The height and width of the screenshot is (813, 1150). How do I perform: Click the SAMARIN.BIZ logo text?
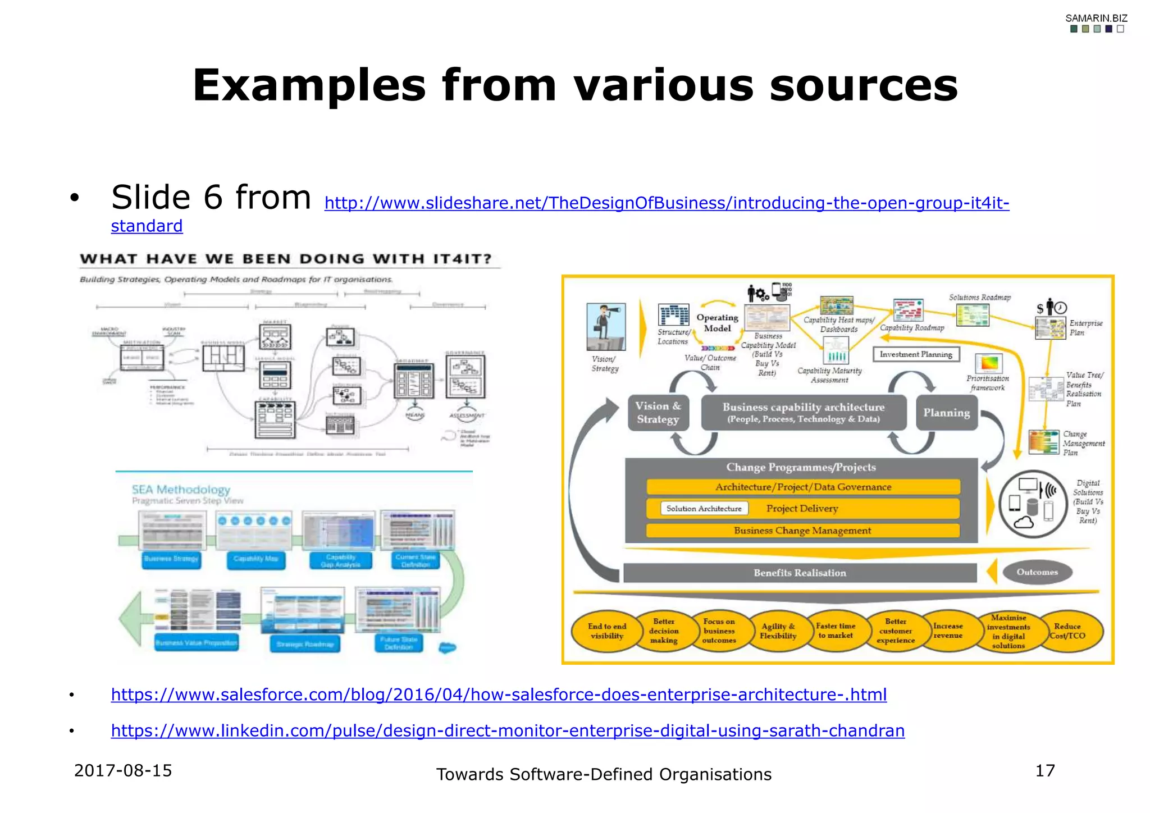(1096, 18)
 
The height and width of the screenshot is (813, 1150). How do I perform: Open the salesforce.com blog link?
(499, 695)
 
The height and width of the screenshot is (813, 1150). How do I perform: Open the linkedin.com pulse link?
(508, 730)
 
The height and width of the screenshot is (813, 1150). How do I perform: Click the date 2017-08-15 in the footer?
(123, 770)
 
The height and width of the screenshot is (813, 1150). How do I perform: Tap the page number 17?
(1045, 770)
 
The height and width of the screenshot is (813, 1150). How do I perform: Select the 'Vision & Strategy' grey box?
(658, 413)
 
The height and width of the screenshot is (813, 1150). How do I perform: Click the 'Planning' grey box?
(947, 413)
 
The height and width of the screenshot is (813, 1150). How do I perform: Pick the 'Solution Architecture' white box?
(704, 509)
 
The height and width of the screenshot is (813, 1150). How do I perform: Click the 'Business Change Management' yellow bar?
(803, 531)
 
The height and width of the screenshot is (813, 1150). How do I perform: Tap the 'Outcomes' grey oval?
(1037, 572)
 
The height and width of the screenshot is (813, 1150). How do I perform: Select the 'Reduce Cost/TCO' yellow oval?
(1070, 631)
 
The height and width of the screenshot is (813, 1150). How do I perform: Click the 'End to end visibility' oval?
(606, 631)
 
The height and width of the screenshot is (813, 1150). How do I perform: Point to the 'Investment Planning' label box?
(916, 354)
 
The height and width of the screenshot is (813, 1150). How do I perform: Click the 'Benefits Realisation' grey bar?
(800, 573)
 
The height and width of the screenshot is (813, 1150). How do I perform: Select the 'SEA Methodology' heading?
(181, 490)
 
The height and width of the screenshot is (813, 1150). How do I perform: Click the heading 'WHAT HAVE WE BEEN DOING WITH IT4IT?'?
(286, 259)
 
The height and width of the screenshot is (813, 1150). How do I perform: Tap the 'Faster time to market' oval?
(836, 631)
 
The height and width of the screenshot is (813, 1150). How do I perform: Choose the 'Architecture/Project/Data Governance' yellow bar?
(803, 487)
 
